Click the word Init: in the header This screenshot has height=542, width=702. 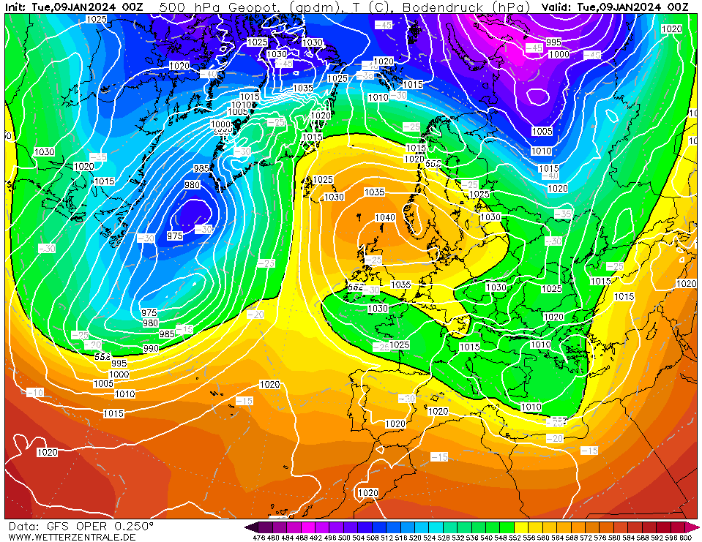coord(16,7)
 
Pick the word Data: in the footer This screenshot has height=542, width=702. coord(24,526)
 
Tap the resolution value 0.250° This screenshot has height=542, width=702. coord(133,526)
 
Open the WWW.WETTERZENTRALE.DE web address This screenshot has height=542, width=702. coord(72,537)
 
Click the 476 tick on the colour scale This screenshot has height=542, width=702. coord(258,538)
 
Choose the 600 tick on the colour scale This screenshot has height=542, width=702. coord(685,538)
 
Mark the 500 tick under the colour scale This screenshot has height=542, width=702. coord(344,538)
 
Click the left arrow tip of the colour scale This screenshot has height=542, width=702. coord(249,527)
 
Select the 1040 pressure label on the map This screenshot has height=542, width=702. coord(385,217)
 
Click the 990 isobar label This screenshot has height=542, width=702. coord(151,348)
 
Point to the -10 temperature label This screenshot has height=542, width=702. coord(35,393)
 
